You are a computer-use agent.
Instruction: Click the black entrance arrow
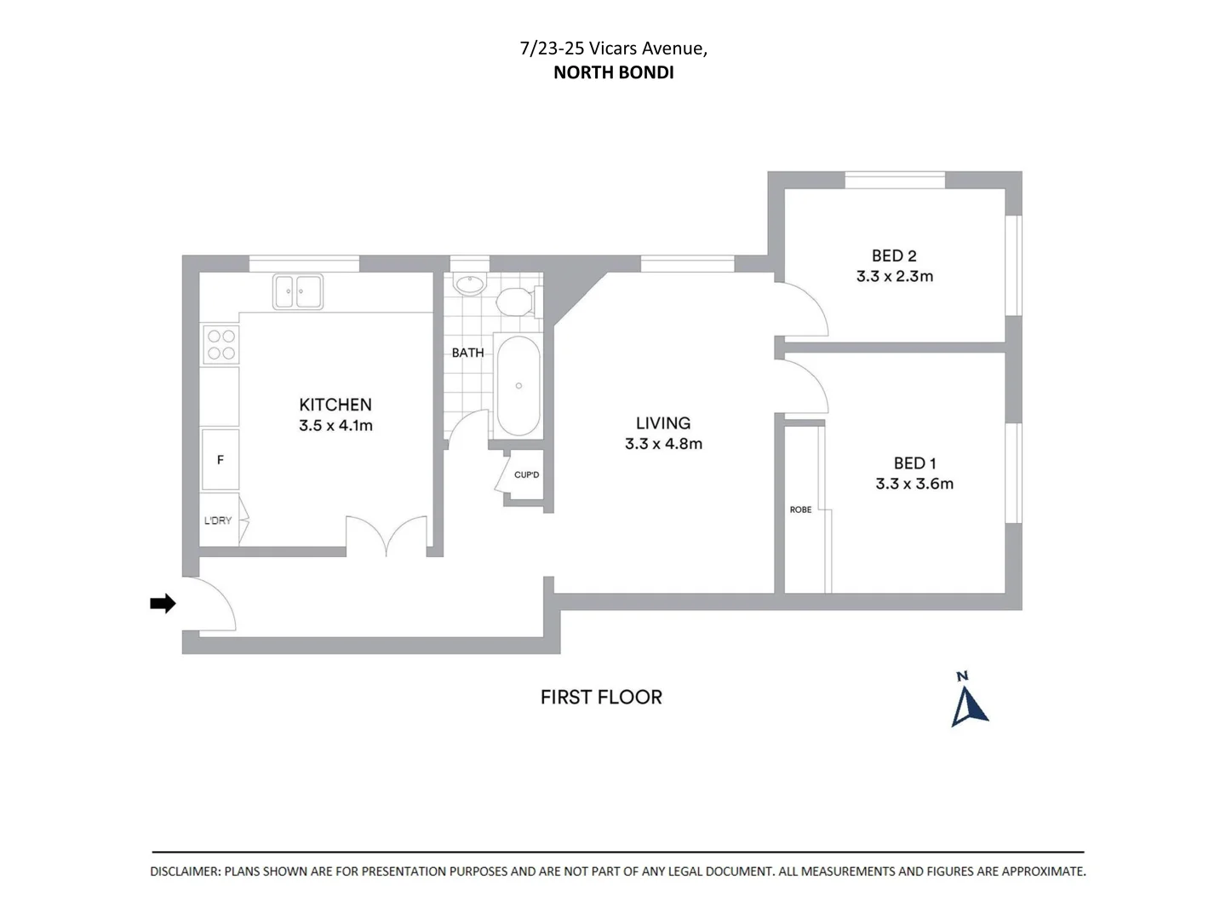(x=163, y=604)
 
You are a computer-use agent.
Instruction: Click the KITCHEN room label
(x=335, y=405)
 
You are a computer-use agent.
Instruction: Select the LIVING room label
(x=663, y=423)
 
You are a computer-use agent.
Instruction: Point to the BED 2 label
(x=894, y=256)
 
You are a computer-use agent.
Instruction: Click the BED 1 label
(x=914, y=463)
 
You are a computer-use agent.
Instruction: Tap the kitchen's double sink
(x=297, y=291)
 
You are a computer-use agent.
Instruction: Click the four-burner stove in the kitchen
(x=221, y=344)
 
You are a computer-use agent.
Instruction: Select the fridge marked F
(x=221, y=459)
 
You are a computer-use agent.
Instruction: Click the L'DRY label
(x=218, y=520)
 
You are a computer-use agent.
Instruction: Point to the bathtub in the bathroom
(x=518, y=386)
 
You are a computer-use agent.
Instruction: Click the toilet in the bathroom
(x=514, y=302)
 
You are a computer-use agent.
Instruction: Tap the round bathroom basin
(x=468, y=285)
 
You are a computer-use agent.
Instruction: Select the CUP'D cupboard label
(x=526, y=474)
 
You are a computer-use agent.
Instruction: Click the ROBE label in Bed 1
(x=800, y=509)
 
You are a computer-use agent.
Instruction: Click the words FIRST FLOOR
(x=601, y=697)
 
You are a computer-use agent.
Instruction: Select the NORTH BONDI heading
(x=613, y=72)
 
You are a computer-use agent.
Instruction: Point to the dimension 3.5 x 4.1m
(x=335, y=426)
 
